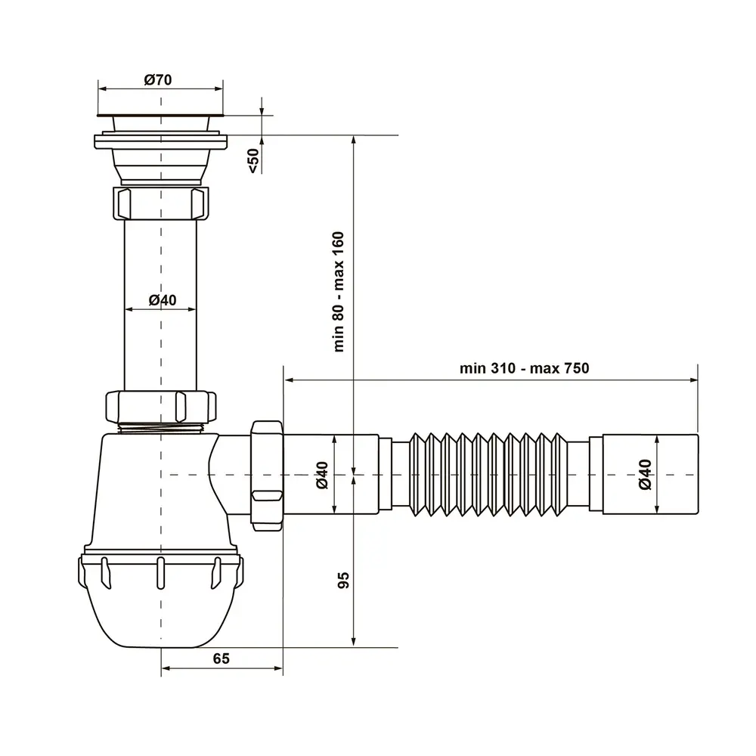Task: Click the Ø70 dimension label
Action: [x=158, y=79]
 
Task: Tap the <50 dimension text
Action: [x=253, y=160]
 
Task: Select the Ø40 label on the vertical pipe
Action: [x=163, y=300]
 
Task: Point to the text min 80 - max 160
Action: [x=339, y=292]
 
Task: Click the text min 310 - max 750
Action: [x=524, y=368]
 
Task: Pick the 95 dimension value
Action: [x=343, y=580]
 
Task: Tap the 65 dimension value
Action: [x=222, y=658]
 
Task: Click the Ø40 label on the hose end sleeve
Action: [x=645, y=475]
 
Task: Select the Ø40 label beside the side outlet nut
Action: [x=322, y=475]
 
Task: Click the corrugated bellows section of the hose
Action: [x=488, y=475]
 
